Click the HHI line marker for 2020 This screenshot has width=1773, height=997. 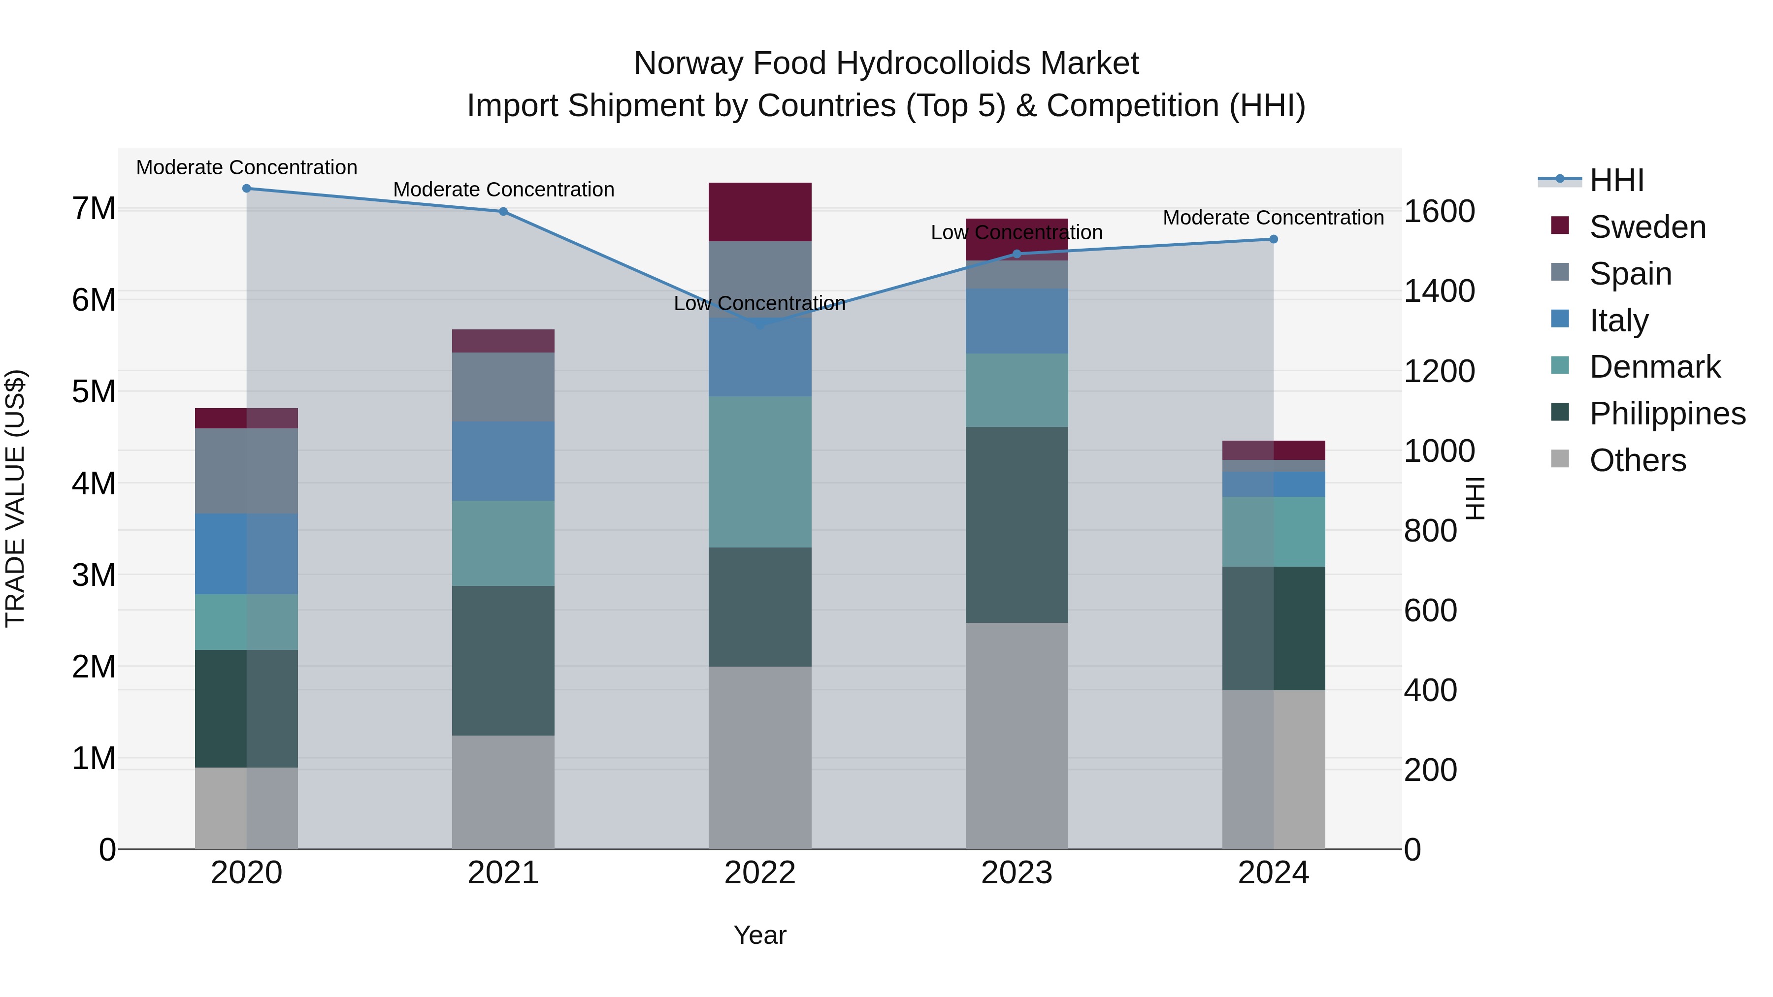(246, 189)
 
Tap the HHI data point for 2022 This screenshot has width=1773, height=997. (760, 324)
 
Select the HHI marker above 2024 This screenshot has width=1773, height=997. (1273, 239)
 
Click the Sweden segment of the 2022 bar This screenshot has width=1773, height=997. (760, 212)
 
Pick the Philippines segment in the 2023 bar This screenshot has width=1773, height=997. (1017, 524)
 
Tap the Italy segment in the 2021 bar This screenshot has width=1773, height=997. (503, 460)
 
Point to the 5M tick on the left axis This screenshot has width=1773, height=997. (94, 391)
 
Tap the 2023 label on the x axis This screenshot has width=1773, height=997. (1017, 873)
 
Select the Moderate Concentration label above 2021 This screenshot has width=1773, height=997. (503, 189)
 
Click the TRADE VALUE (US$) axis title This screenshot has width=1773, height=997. (15, 498)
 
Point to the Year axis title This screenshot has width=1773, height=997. (760, 935)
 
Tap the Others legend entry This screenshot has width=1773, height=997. (1638, 460)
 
